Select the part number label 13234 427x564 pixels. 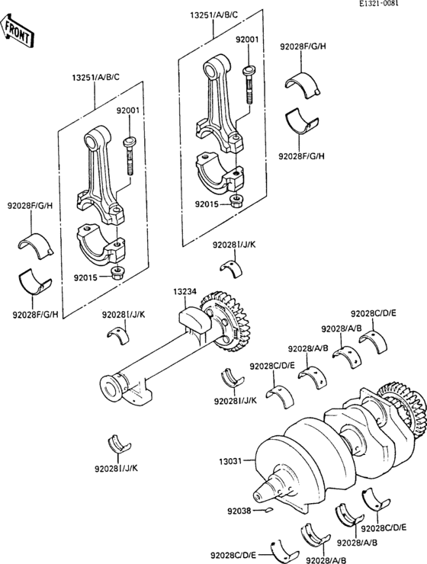(x=185, y=291)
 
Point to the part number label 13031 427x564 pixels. (x=231, y=460)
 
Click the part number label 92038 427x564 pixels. (x=239, y=511)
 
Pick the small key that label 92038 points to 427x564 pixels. (x=269, y=510)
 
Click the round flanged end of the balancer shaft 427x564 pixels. (x=111, y=389)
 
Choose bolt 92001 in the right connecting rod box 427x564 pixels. (x=249, y=85)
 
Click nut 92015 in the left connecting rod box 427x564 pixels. (x=116, y=275)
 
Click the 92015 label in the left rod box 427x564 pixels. (x=85, y=277)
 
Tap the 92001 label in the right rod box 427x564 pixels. (x=247, y=40)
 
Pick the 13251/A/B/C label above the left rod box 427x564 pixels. (x=95, y=77)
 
